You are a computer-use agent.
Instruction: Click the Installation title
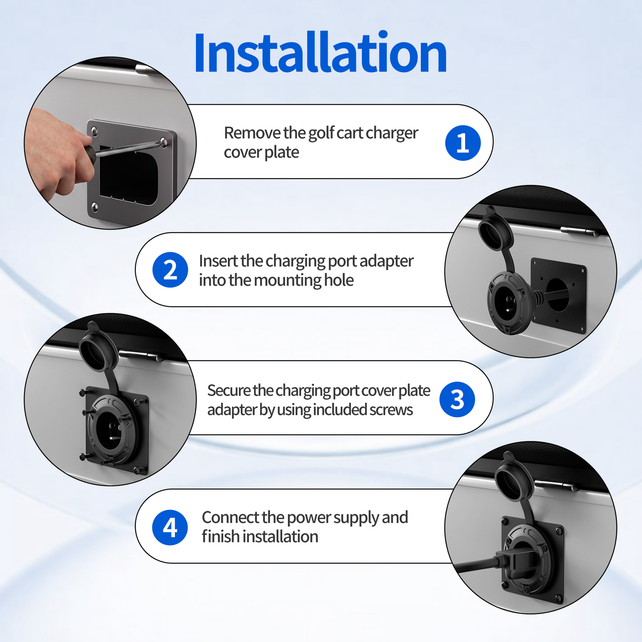[x=320, y=53]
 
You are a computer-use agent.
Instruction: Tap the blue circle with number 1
[x=463, y=143]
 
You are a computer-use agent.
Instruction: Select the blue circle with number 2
[x=170, y=270]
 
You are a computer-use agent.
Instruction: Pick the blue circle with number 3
[x=457, y=399]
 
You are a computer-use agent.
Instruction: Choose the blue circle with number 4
[x=170, y=527]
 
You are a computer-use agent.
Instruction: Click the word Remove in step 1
[x=252, y=133]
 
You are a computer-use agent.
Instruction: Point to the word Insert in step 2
[x=218, y=261]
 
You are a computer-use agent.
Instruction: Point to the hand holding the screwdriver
[x=59, y=153]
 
